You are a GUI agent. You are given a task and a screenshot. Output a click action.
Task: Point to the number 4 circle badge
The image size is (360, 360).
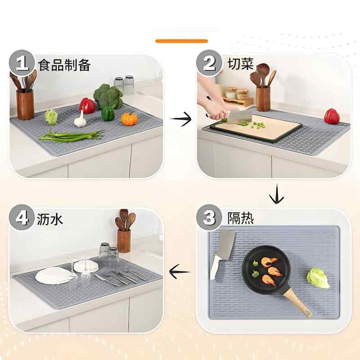pos(22,219)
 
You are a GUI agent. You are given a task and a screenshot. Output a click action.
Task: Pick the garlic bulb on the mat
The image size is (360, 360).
pos(80,120)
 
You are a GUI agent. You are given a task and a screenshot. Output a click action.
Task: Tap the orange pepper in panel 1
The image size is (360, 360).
pos(129,119)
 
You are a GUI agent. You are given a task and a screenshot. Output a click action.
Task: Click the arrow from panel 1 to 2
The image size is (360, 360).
pos(180,119)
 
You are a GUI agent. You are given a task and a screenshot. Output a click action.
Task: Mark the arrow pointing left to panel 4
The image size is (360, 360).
pos(179,270)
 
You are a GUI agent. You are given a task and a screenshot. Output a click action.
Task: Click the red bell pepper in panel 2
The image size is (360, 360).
pos(332,116)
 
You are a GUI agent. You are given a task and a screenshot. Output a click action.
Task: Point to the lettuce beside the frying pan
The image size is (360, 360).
pos(319,278)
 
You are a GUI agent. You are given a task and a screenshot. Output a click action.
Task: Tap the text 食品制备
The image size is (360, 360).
pos(65,65)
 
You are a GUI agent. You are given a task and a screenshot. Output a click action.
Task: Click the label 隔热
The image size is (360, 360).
pos(240,219)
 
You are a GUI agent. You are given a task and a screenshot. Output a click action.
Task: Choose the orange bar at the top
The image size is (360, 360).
pos(181,41)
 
